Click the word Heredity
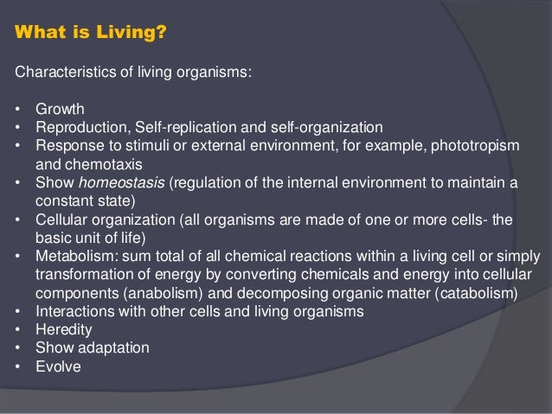point(61,329)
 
